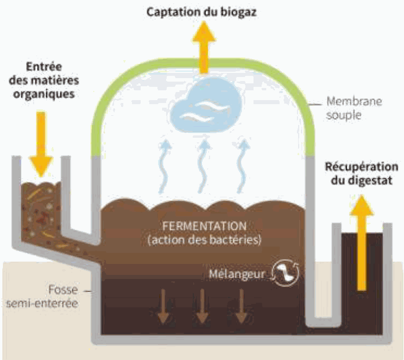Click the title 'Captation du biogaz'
202,12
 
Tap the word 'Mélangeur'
239,273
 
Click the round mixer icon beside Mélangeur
285,273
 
